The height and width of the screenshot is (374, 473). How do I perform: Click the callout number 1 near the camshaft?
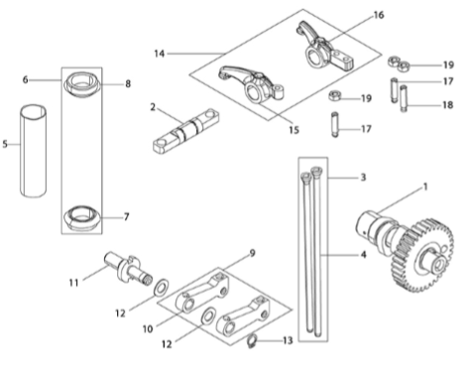(x=425, y=187)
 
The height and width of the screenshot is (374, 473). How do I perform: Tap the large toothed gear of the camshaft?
(x=426, y=255)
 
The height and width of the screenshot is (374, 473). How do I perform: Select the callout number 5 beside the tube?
(x=5, y=144)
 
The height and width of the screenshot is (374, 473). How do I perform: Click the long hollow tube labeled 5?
(x=33, y=151)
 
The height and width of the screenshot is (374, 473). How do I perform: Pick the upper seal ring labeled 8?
(x=81, y=84)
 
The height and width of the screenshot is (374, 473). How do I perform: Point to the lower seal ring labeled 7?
(x=81, y=218)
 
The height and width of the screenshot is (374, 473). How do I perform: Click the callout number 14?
(x=160, y=54)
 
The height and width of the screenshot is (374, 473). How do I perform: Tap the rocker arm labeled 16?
(x=323, y=47)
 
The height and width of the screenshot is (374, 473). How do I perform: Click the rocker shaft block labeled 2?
(x=185, y=131)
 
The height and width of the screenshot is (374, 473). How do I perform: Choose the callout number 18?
(x=448, y=105)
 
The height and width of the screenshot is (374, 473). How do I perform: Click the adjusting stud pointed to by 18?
(x=404, y=98)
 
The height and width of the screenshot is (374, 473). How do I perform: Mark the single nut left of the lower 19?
(x=334, y=96)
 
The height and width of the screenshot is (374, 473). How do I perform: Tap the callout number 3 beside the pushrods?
(x=363, y=178)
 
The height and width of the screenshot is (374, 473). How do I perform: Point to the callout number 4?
(x=364, y=255)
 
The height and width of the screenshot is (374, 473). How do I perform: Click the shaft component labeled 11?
(x=127, y=269)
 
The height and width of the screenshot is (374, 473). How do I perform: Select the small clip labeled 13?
(x=253, y=341)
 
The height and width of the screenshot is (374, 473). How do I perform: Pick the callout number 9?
(x=252, y=253)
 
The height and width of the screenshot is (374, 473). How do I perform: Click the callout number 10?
(x=148, y=329)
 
